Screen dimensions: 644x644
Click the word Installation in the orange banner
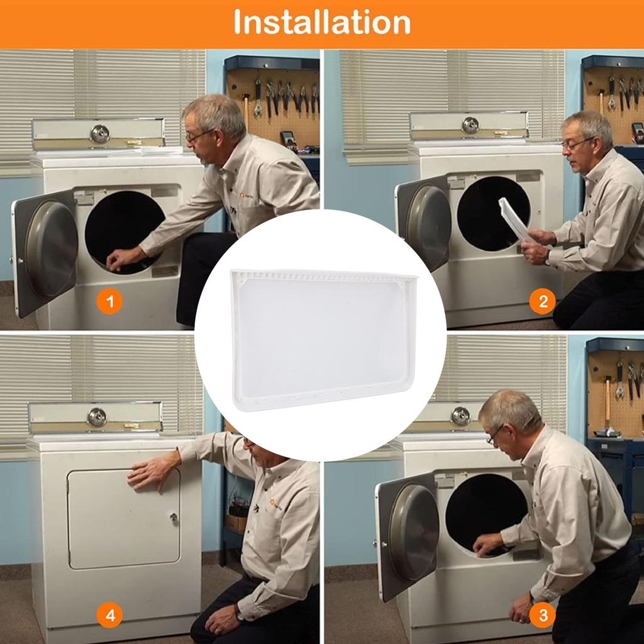tap(322, 22)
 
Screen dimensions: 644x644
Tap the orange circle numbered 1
tap(109, 302)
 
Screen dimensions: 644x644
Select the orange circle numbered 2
tap(543, 302)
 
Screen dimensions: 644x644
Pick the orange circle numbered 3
tap(543, 615)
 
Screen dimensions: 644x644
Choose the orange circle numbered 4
tap(109, 615)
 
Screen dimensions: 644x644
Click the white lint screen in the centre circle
tap(324, 339)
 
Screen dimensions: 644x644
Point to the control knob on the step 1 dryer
tap(100, 133)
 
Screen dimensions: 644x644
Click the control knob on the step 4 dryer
tap(97, 418)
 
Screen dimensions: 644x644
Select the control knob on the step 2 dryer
tap(470, 125)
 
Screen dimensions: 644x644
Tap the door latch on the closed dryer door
tap(174, 517)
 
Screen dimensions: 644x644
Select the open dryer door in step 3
tap(408, 536)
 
